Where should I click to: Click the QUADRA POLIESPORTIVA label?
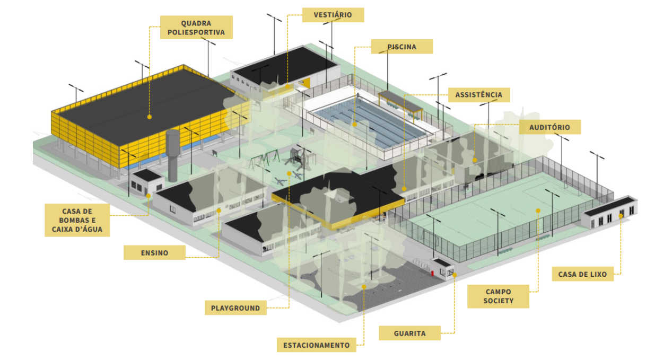[x=196, y=28]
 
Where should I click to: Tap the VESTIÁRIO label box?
[x=333, y=15]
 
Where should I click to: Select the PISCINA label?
[x=402, y=47]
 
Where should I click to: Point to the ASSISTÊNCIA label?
[x=479, y=95]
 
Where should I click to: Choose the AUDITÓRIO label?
[x=550, y=127]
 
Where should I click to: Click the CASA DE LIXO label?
[x=582, y=274]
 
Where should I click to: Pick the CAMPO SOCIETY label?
[x=498, y=296]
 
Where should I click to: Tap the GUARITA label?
[x=409, y=333]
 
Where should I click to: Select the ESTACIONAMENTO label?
[x=317, y=345]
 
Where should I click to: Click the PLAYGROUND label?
[x=235, y=308]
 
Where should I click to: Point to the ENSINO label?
[x=154, y=253]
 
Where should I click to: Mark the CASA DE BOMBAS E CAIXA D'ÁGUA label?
[x=77, y=220]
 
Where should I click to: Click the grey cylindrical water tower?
[x=172, y=155]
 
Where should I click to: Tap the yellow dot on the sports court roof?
[x=150, y=117]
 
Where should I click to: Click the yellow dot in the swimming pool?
[x=355, y=125]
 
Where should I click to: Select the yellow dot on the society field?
[x=538, y=210]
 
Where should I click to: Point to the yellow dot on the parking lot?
[x=364, y=287]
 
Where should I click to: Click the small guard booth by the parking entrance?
[x=442, y=269]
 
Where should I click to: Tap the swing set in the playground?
[x=265, y=159]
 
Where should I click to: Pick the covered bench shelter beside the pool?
[x=400, y=104]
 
